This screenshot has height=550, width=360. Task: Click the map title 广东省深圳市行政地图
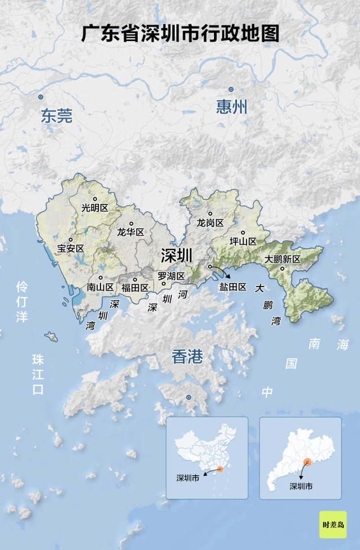180,33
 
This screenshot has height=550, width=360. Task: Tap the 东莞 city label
56,116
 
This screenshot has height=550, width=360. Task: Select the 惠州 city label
231,107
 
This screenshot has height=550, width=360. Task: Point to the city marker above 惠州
231,89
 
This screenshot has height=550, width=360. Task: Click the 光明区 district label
94,208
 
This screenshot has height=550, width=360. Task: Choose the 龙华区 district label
130,232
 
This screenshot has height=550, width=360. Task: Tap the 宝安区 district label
70,248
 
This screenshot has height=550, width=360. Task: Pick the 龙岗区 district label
210,223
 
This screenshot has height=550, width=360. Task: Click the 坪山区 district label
243,242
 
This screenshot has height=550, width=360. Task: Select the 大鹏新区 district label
283,259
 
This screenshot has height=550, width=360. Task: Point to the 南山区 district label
101,287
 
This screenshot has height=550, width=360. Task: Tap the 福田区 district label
135,288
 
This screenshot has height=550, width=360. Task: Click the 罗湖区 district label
171,276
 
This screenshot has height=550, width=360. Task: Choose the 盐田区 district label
233,287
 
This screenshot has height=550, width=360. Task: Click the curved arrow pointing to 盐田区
221,271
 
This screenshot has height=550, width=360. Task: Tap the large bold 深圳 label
176,256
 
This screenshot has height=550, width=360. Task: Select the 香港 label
187,356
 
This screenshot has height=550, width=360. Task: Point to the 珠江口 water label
38,374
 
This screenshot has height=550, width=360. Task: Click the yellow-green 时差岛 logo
332,525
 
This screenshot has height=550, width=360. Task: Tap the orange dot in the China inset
220,469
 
